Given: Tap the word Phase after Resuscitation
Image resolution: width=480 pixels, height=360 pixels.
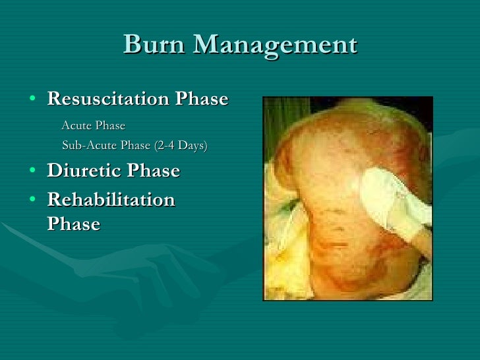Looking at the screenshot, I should click(x=201, y=100).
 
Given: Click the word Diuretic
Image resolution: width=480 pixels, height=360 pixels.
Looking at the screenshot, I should click(x=84, y=171).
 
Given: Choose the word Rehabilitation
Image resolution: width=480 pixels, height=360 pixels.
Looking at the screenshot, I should click(x=111, y=200).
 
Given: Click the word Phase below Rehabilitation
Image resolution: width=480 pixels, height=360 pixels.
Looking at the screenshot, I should click(x=73, y=224).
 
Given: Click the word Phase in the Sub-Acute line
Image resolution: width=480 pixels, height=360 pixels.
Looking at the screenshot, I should click(x=136, y=146).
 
